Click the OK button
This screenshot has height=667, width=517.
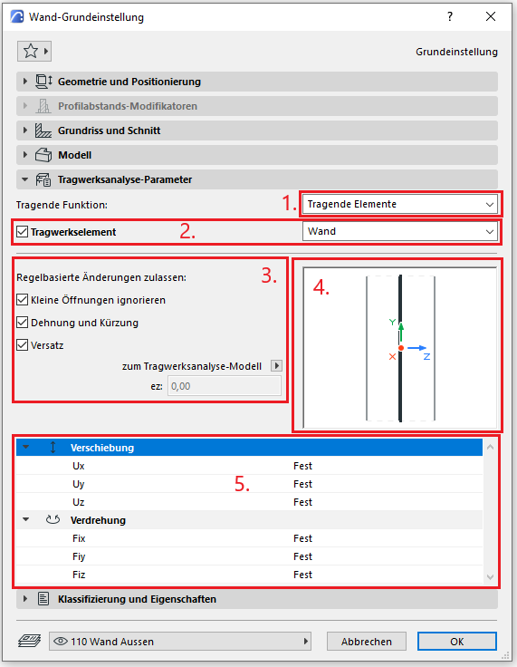(x=456, y=641)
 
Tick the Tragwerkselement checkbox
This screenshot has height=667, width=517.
(x=22, y=232)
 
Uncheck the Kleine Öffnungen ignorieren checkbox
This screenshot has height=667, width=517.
(x=22, y=300)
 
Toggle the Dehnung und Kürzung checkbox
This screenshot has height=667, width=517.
(x=22, y=323)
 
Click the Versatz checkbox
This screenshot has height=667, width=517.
(x=22, y=345)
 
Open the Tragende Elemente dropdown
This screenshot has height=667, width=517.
(x=399, y=204)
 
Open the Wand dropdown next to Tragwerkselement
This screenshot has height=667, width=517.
(x=399, y=231)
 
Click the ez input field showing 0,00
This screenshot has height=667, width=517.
(x=224, y=386)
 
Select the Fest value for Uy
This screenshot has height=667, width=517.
(x=302, y=484)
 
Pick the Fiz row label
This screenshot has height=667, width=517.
(x=79, y=575)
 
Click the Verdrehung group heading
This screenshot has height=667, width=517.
(x=98, y=520)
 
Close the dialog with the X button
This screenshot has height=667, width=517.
(x=491, y=16)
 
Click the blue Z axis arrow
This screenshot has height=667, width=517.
(x=416, y=348)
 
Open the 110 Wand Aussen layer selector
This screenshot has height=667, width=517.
(x=180, y=641)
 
